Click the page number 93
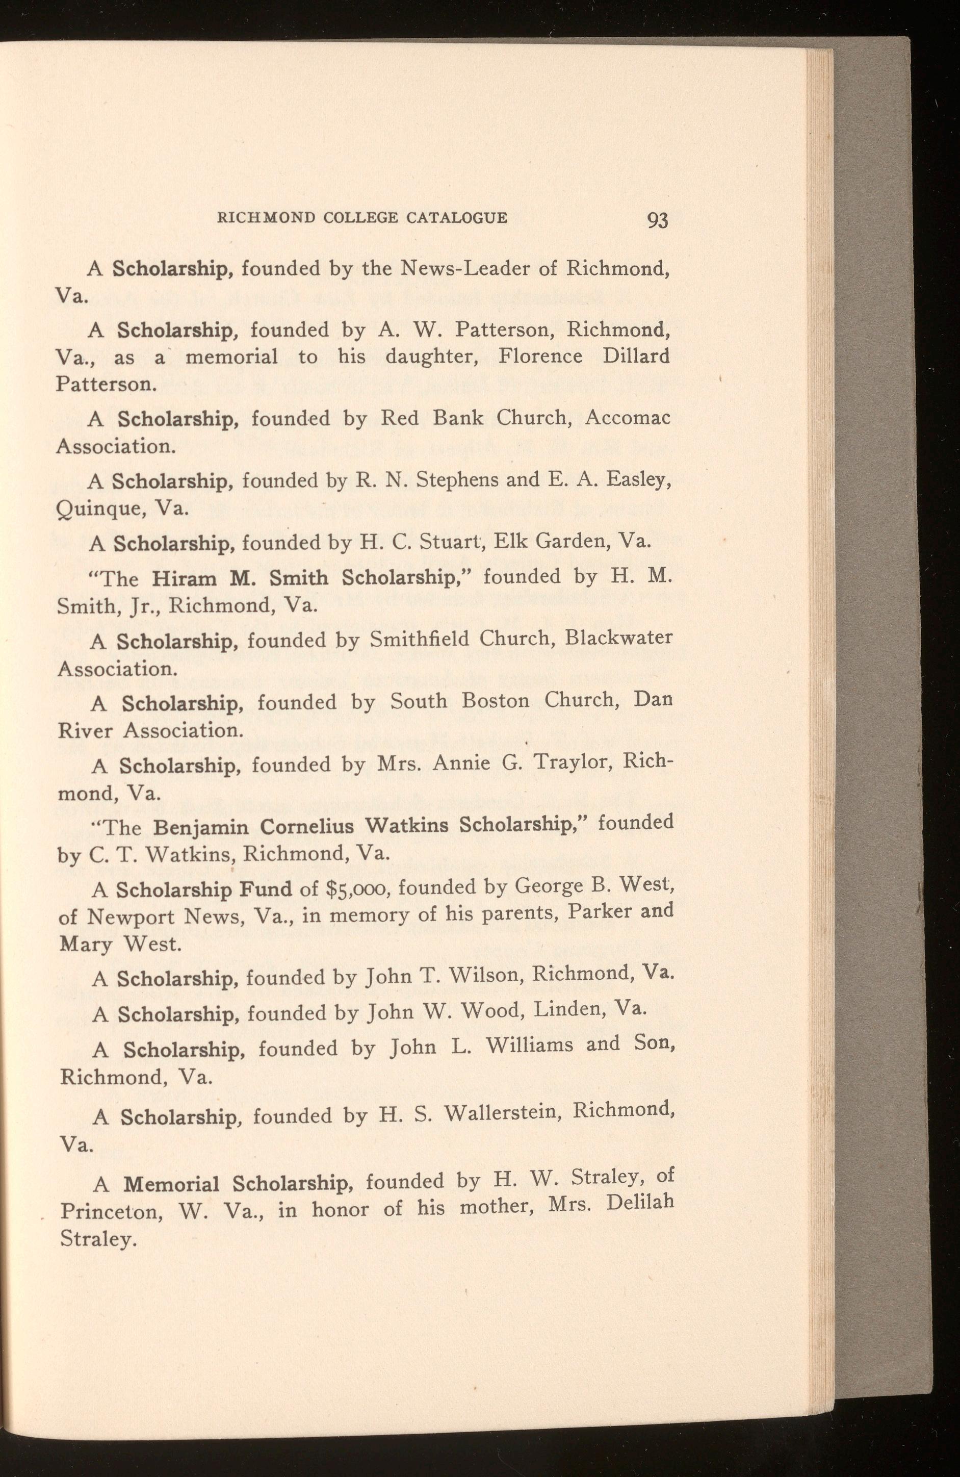click(657, 220)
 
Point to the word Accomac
click(628, 418)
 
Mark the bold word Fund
click(265, 889)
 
